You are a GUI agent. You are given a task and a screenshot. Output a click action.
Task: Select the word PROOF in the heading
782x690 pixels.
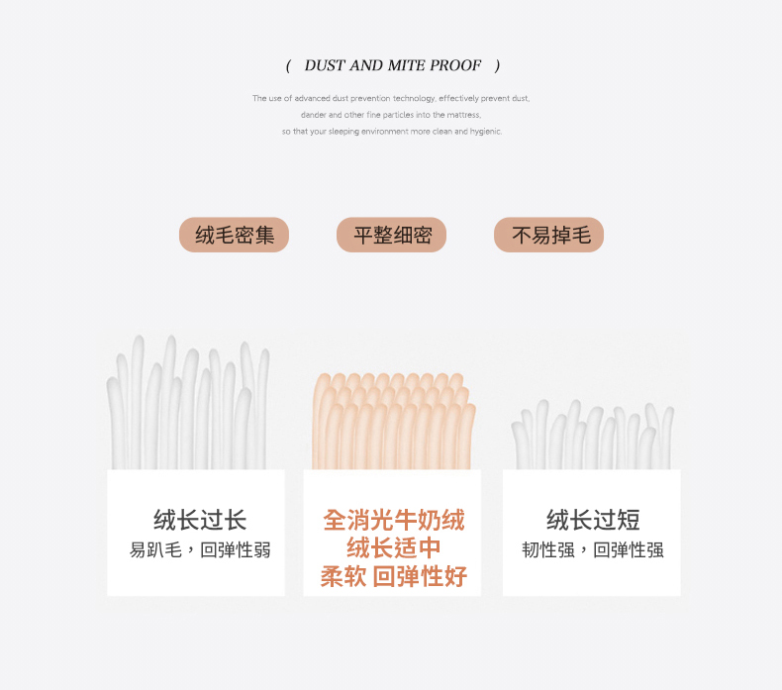click(x=455, y=65)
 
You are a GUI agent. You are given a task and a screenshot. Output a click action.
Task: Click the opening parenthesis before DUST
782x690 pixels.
click(x=288, y=66)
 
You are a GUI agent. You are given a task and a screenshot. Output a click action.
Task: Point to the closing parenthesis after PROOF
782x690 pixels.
click(x=497, y=66)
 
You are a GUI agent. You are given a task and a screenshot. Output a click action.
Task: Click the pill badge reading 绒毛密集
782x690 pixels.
click(x=234, y=235)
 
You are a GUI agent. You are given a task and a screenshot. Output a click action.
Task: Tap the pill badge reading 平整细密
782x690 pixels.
click(x=392, y=235)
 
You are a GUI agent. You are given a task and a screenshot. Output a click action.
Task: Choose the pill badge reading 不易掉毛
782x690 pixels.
click(x=549, y=235)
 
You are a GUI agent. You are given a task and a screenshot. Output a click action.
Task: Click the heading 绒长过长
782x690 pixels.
click(x=200, y=520)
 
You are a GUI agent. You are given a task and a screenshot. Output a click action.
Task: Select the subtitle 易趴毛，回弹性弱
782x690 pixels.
click(x=200, y=549)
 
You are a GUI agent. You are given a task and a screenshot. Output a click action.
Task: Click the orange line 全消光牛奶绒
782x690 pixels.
click(x=394, y=520)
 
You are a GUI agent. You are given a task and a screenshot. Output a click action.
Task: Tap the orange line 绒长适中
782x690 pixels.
click(x=394, y=547)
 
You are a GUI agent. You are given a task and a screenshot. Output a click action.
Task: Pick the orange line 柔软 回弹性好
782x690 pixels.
click(x=394, y=576)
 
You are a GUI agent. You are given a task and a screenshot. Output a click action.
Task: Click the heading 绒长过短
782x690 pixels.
click(x=593, y=520)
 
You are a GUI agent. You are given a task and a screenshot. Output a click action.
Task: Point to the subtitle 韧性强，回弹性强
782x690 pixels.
click(x=593, y=549)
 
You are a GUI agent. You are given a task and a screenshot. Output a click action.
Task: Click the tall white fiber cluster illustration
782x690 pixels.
click(x=188, y=402)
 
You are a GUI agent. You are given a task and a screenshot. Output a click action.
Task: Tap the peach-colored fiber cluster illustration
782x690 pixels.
click(x=394, y=422)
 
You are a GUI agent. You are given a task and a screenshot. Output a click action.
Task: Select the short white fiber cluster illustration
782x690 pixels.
click(x=593, y=435)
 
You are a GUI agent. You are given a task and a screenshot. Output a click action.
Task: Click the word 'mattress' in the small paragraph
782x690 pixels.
click(x=463, y=115)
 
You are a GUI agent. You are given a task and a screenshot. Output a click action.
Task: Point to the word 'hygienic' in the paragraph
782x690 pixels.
click(x=486, y=132)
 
